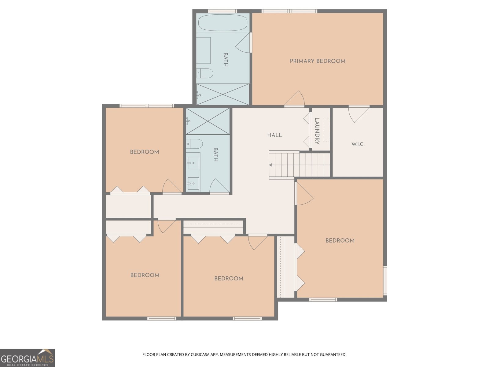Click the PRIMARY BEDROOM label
tap(317, 61)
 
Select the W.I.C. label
tap(358, 144)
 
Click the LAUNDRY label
tap(317, 131)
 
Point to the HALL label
tap(274, 135)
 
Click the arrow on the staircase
tap(271, 165)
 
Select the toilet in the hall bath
tap(195, 143)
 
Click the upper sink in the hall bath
tap(193, 163)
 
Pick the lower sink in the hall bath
tap(193, 183)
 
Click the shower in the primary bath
tap(222, 94)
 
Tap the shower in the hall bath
tap(208, 121)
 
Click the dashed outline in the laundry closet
tap(326, 130)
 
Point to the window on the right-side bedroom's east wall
tap(385, 280)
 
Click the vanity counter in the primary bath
tap(203, 50)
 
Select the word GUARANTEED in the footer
tap(333, 355)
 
